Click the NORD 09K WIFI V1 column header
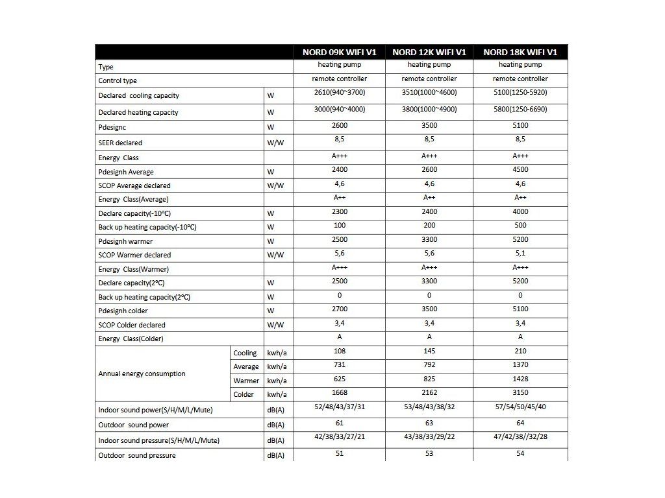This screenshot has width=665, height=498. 339,52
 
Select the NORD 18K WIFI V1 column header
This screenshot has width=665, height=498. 520,52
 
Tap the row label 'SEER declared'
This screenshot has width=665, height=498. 120,143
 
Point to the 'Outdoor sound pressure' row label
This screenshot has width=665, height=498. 137,455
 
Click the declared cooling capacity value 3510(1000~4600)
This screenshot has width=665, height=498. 429,93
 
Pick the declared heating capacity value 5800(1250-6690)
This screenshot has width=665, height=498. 520,110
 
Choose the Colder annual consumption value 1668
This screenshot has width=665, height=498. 339,392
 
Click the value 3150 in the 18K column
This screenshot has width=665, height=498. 520,392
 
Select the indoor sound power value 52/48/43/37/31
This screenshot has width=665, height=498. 339,407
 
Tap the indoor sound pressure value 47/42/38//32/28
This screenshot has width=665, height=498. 520,437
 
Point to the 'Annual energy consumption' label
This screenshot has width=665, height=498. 142,373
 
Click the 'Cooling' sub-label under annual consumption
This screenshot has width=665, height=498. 245,353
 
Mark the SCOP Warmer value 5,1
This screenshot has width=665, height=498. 520,254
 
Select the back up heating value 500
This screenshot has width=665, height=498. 520,226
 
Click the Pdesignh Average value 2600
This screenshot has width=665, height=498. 429,169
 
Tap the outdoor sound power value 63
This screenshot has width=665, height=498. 429,423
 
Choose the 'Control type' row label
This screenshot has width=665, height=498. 118,81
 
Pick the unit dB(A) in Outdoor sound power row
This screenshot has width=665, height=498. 275,425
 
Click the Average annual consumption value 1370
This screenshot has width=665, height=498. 520,366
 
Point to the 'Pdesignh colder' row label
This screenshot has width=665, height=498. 123,311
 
